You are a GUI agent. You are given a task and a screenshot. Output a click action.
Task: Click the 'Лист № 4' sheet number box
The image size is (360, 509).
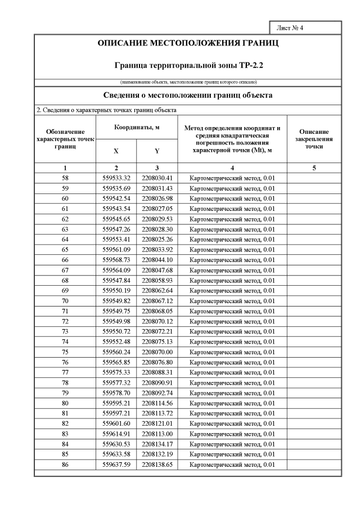[x=305, y=28]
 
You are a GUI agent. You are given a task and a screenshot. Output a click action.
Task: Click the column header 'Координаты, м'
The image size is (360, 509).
[x=137, y=128]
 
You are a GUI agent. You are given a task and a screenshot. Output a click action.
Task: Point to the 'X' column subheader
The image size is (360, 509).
[x=116, y=151]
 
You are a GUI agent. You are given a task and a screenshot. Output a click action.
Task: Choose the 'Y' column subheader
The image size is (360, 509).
[x=157, y=151]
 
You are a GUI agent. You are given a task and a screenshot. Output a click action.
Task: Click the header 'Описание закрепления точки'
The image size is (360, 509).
[x=314, y=139]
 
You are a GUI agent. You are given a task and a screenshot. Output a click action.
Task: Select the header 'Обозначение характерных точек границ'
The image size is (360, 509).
[x=65, y=139]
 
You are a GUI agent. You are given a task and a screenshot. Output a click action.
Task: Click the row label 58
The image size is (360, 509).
[x=65, y=178]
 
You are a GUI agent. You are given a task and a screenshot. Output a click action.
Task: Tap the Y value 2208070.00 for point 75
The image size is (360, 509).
[x=157, y=352]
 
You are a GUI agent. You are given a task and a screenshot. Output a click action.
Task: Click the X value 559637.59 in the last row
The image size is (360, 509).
[x=116, y=464]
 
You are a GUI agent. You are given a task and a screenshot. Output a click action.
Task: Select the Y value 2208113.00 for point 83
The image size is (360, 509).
[x=157, y=434]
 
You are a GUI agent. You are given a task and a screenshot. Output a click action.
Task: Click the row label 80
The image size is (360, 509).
[x=65, y=403]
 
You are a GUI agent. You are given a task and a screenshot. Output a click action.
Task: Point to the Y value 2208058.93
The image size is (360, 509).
[x=157, y=280]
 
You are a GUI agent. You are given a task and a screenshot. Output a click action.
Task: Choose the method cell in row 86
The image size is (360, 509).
[x=232, y=464]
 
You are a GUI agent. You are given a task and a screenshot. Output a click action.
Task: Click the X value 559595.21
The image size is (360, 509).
[x=116, y=403]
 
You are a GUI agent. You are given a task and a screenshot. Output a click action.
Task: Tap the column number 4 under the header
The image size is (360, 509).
[x=232, y=168]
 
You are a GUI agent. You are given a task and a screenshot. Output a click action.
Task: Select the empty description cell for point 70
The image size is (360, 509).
[x=314, y=300]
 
